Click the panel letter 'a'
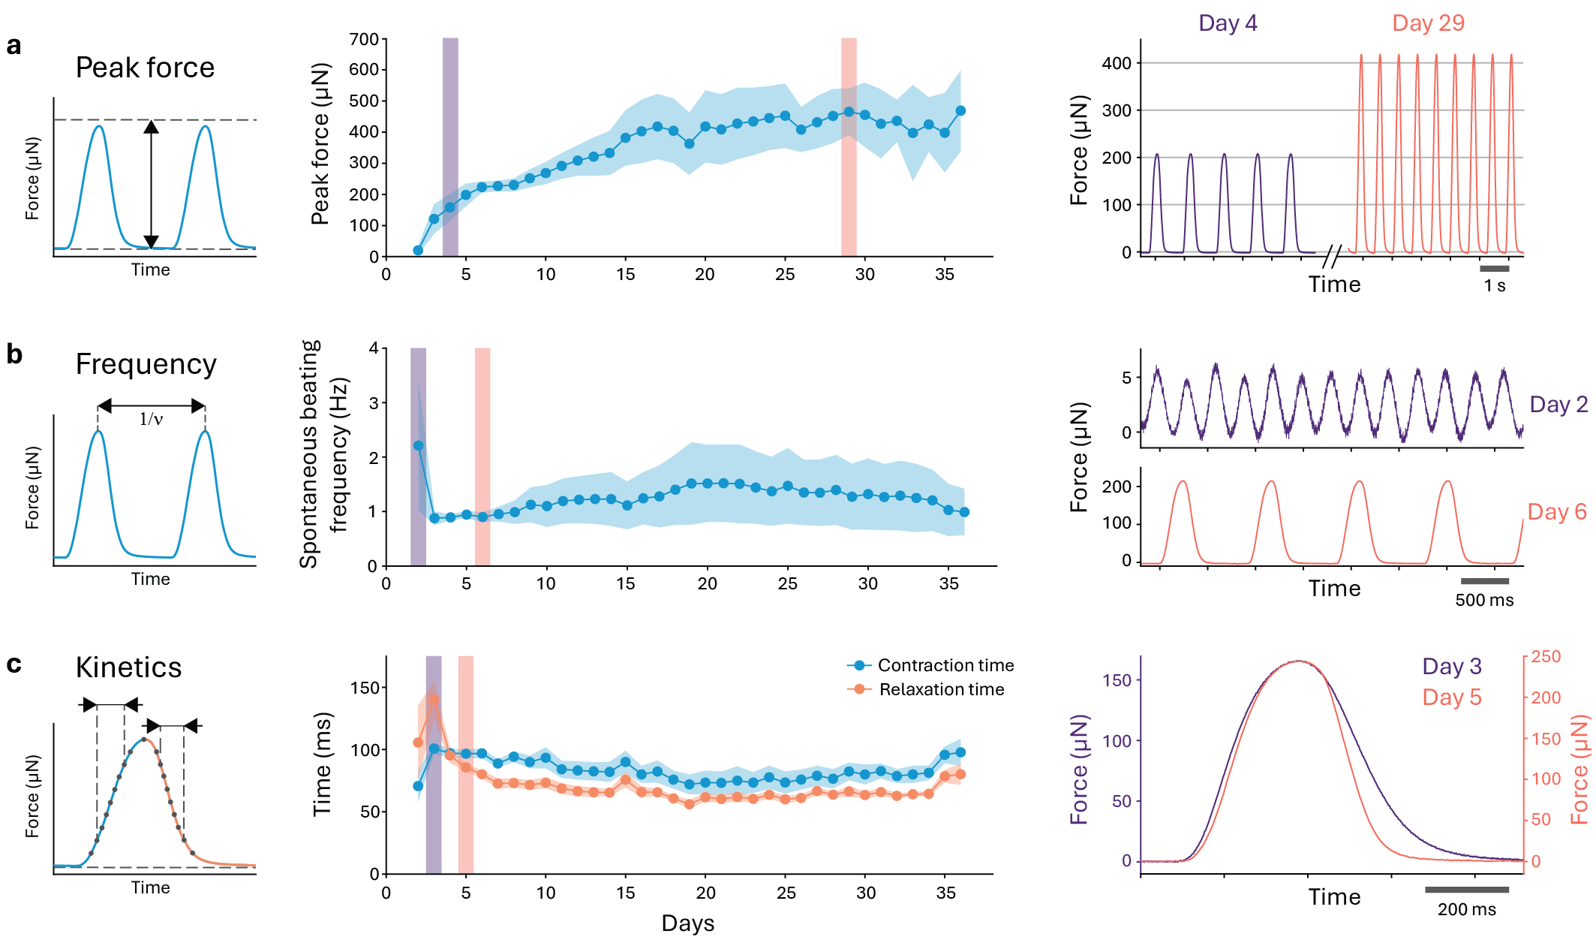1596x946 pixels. point(14,47)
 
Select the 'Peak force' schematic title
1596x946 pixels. point(145,68)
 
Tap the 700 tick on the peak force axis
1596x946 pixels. point(364,39)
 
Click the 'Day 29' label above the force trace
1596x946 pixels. point(1428,23)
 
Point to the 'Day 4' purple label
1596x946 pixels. point(1228,23)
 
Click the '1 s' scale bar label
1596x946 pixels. point(1494,286)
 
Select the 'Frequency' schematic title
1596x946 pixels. point(146,364)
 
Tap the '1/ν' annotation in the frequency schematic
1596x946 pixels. point(151,419)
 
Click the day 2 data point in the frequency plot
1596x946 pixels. point(418,446)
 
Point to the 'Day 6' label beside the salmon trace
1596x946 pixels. point(1557,512)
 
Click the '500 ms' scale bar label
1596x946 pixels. point(1484,601)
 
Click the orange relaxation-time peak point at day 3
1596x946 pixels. point(434,700)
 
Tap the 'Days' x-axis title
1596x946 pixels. point(687,923)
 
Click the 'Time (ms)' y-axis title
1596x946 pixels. point(322,764)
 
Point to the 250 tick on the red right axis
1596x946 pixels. point(1546,657)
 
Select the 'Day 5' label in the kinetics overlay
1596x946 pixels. point(1452,697)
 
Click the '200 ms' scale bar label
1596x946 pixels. point(1466,910)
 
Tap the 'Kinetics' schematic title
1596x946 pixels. point(128,667)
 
